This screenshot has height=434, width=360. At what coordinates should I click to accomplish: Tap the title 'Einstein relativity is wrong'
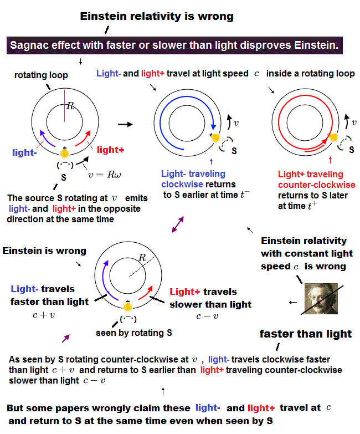(157, 17)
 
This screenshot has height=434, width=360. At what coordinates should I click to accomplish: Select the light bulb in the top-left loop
(65, 151)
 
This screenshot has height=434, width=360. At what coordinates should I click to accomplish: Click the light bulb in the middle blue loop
(215, 137)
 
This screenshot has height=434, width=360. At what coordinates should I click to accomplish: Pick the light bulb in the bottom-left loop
(128, 305)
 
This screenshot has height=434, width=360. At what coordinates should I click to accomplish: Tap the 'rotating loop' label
(41, 75)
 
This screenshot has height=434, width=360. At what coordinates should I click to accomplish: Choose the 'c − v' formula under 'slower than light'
(207, 316)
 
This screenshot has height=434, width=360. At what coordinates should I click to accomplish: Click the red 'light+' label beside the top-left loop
(111, 150)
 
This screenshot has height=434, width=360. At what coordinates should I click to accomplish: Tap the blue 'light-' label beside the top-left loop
(24, 152)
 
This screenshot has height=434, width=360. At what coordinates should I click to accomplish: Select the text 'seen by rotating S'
(134, 333)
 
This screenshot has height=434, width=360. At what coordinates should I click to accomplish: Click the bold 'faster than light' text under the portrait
(306, 334)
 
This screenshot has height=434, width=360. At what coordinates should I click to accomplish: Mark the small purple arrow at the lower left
(66, 338)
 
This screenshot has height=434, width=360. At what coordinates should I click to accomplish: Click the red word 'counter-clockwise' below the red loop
(316, 185)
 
